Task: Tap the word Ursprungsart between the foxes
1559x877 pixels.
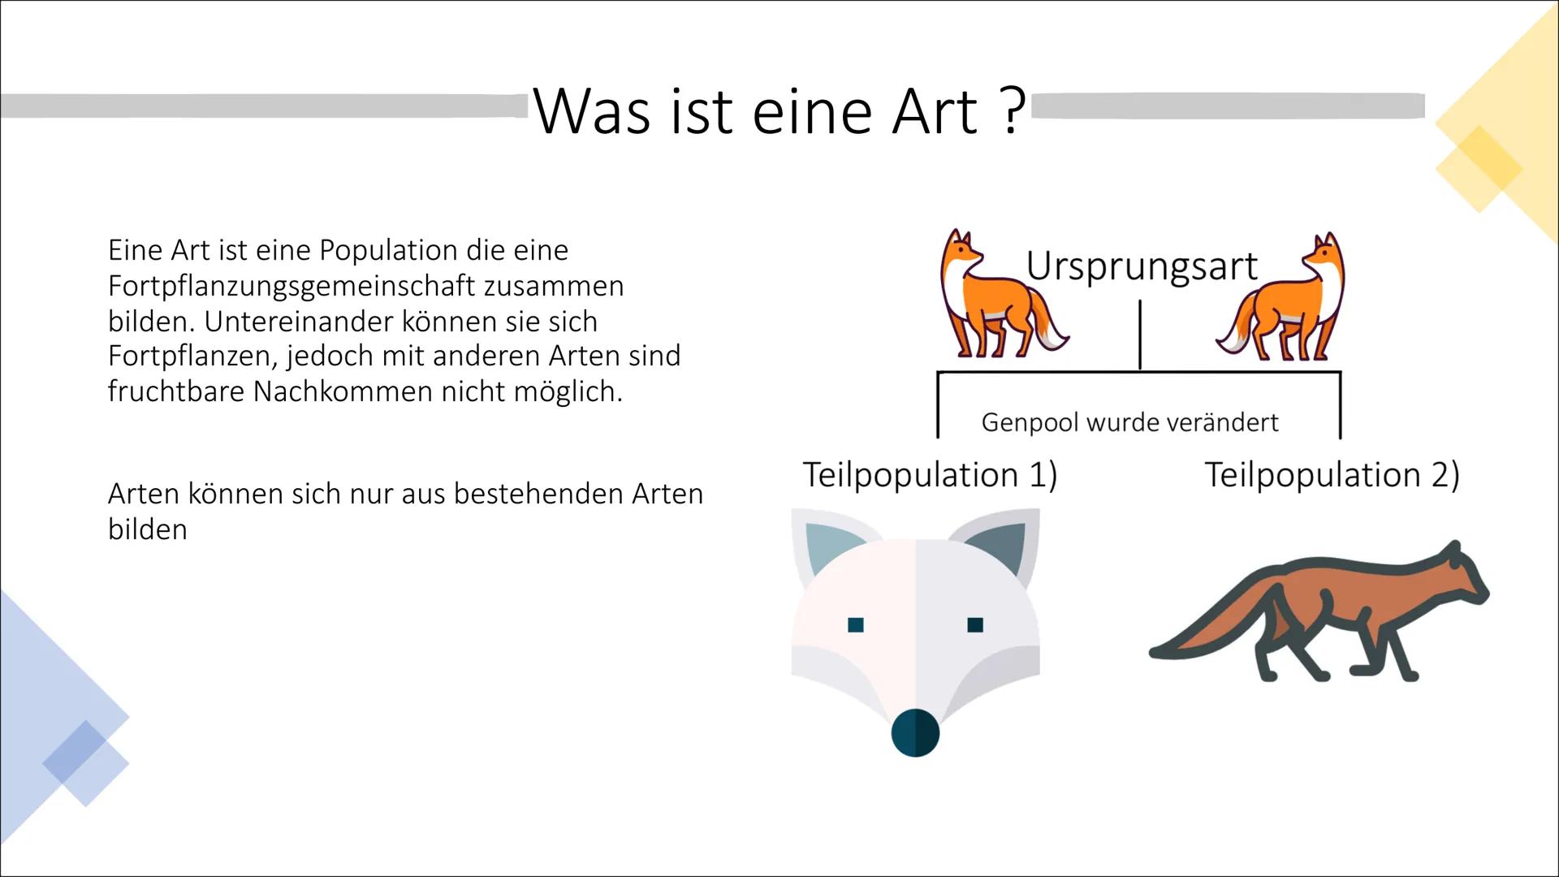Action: coord(1141,266)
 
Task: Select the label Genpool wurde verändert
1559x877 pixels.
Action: coord(1129,422)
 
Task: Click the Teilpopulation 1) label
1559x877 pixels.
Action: coord(930,475)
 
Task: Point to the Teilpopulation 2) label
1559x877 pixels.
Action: coord(1332,475)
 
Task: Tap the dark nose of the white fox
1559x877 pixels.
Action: coord(915,732)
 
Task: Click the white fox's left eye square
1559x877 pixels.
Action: coord(855,624)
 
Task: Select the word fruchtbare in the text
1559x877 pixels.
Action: coord(175,391)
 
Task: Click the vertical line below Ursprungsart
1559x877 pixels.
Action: coord(1140,335)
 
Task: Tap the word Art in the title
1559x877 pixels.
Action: coord(934,112)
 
